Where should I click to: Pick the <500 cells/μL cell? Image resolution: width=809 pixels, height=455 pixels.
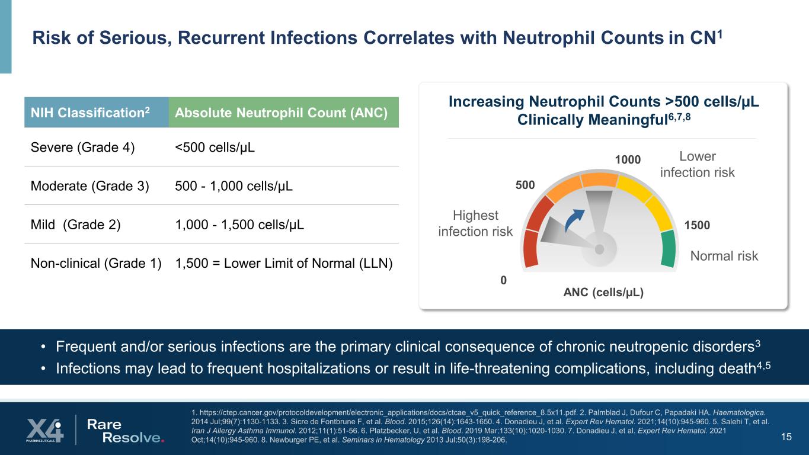(x=215, y=147)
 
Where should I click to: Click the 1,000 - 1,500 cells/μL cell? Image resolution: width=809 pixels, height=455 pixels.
(x=240, y=225)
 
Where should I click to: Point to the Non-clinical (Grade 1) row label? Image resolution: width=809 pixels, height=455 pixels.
(x=96, y=264)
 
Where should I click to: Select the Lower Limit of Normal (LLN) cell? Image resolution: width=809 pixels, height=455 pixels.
(x=284, y=264)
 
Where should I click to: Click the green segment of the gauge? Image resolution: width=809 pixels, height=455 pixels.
(x=668, y=248)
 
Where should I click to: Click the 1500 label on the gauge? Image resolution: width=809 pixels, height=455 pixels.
(x=697, y=225)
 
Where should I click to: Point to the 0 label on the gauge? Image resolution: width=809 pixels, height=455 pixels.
(x=504, y=280)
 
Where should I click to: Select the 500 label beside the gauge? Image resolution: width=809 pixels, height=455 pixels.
(x=525, y=185)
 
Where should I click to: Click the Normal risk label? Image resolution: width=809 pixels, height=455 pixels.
(x=724, y=256)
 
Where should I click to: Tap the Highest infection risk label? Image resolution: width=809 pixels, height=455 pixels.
(x=475, y=223)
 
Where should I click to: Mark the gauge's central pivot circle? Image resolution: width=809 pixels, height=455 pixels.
(x=599, y=249)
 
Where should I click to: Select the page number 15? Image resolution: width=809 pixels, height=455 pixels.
(x=786, y=437)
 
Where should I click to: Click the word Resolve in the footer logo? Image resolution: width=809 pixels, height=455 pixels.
(x=133, y=437)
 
